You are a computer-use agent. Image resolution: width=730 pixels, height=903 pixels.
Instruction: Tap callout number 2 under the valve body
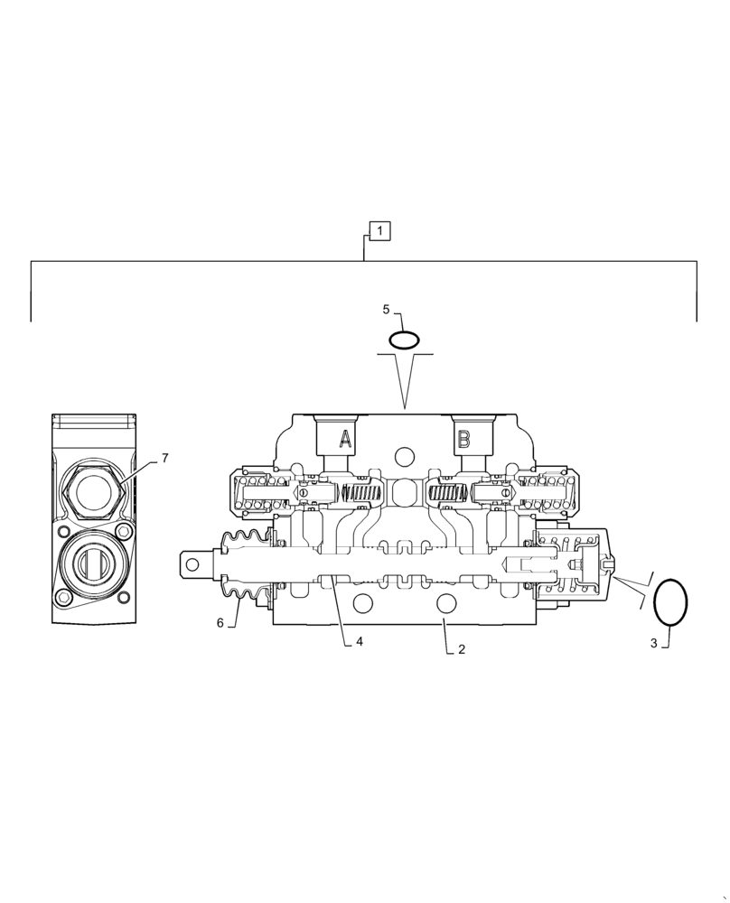click(x=461, y=648)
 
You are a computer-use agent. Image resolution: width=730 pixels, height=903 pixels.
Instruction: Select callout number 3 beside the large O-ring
click(x=654, y=643)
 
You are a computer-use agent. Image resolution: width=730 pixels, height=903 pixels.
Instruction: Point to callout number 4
click(x=359, y=642)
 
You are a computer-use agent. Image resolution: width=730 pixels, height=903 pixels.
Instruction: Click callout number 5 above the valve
click(x=386, y=310)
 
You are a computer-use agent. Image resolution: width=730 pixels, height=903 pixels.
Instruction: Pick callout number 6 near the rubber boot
click(x=220, y=622)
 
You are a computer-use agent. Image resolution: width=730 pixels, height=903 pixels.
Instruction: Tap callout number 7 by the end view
click(x=164, y=459)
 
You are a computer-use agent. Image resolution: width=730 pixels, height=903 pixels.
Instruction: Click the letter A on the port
click(x=345, y=440)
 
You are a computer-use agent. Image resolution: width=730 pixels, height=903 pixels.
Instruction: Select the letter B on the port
click(x=463, y=440)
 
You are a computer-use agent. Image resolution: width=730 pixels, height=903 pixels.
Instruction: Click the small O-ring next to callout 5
click(x=404, y=340)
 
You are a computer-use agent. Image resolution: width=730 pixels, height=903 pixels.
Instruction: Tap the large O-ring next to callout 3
click(x=670, y=600)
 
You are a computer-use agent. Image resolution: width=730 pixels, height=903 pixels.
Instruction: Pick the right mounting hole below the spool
click(x=446, y=602)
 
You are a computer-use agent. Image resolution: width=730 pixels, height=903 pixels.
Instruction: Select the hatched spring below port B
click(x=446, y=494)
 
